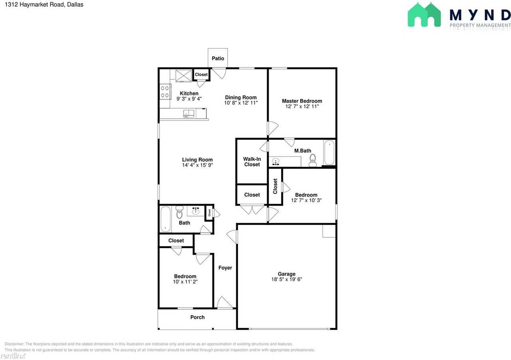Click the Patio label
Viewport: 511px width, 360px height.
218,58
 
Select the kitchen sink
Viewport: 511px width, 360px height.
189,114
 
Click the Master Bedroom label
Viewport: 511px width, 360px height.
302,101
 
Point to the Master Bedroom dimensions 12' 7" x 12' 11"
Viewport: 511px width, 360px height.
302,107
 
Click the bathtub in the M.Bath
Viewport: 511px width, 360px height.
329,153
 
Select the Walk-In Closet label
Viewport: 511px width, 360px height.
252,162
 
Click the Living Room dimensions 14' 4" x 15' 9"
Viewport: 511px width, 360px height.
198,165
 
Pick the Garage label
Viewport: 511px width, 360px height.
287,274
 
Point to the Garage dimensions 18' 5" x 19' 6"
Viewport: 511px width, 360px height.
287,280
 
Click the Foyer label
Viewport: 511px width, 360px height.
225,268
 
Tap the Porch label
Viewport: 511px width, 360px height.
197,317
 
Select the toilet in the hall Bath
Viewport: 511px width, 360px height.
179,212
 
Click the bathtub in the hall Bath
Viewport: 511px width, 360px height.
165,219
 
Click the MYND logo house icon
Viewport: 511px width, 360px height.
424,15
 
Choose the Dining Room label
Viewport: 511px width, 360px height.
241,97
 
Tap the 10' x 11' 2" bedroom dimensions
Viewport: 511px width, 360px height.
185,282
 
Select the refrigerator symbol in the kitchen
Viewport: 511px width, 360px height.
184,75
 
